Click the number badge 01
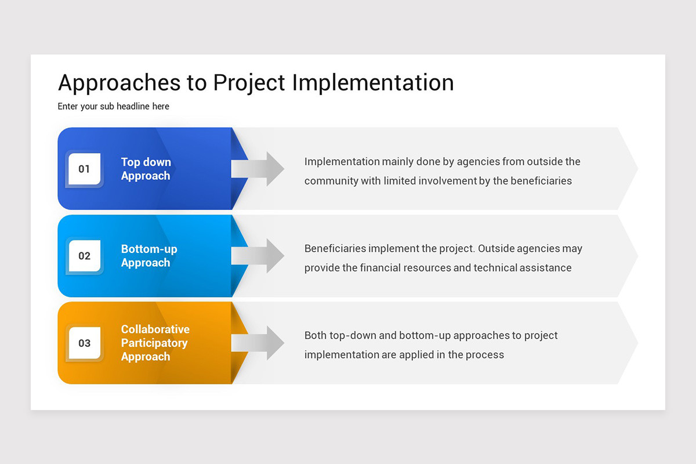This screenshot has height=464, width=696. point(85,169)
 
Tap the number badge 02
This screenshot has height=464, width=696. point(85,256)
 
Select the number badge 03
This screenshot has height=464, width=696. point(85,343)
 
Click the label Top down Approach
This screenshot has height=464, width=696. point(146,169)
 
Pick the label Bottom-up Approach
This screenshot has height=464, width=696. point(149,256)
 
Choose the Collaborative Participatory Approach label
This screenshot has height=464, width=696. point(155,343)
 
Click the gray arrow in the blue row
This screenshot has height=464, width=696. point(258,169)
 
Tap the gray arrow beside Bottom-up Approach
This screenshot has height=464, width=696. point(258,256)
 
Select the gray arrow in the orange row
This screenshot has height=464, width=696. point(258,343)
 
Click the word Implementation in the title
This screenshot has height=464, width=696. point(372,83)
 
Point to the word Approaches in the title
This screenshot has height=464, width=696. point(119,83)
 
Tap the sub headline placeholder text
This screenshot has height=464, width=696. point(113,106)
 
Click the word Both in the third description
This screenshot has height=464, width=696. point(316,335)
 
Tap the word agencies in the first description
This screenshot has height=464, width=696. point(478,162)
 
